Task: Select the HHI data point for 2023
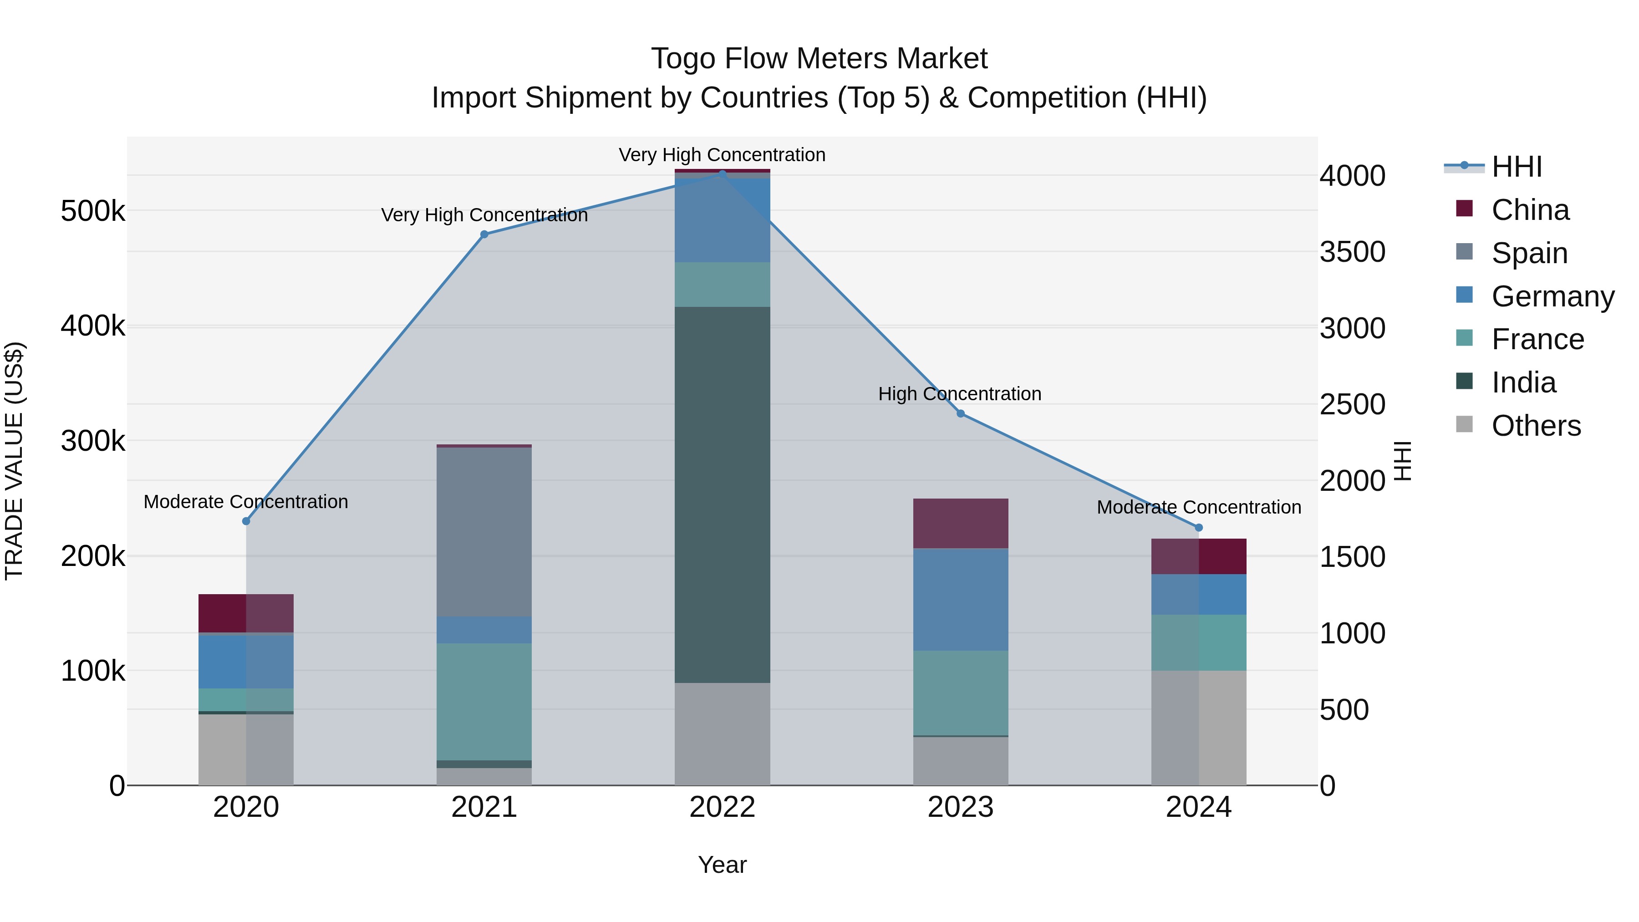(960, 413)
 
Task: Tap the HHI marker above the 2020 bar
(246, 521)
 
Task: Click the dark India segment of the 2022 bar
(722, 494)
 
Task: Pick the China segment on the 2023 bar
(960, 523)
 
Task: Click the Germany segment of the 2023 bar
(960, 599)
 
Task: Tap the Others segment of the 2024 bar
(1198, 727)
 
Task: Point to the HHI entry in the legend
(1516, 167)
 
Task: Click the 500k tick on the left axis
(93, 211)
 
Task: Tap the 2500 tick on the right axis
(1352, 404)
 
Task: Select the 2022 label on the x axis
(722, 807)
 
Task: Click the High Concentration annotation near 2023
(959, 394)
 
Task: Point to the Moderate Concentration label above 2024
(1199, 507)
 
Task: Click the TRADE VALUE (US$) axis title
(14, 461)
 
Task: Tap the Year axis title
(722, 865)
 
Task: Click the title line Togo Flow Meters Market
(819, 59)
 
